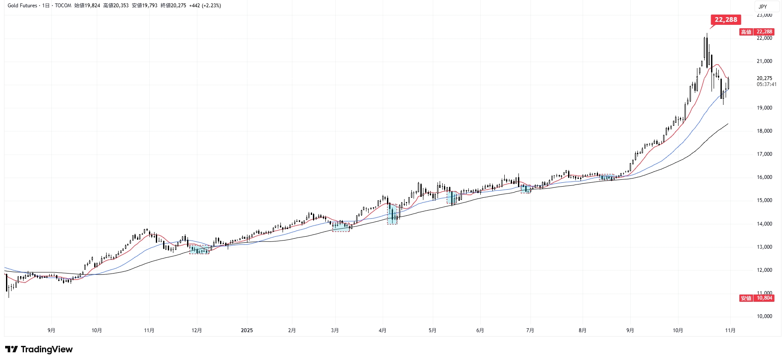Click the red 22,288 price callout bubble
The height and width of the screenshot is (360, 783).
click(x=726, y=20)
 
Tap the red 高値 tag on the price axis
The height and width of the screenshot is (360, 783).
click(x=746, y=32)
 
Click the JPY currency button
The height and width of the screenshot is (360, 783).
click(x=763, y=6)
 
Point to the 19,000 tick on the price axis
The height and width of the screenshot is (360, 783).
click(x=764, y=108)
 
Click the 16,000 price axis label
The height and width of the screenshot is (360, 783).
click(x=764, y=177)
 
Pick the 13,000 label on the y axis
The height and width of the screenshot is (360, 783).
click(x=764, y=247)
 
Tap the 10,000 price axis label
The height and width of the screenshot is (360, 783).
click(x=764, y=316)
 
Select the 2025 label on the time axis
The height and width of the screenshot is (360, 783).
click(x=247, y=330)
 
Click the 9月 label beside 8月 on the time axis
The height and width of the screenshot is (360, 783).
click(x=630, y=330)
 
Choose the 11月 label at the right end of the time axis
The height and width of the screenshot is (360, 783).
click(x=730, y=330)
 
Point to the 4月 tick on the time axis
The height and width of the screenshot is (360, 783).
click(x=382, y=330)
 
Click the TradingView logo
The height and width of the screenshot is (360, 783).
click(x=39, y=349)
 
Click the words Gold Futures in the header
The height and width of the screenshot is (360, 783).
click(x=22, y=6)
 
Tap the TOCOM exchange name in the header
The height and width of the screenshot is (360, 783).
click(x=63, y=6)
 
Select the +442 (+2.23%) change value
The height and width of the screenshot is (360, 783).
click(x=205, y=6)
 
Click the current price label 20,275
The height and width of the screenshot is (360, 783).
click(x=764, y=78)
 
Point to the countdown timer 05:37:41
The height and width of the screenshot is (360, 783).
click(x=766, y=84)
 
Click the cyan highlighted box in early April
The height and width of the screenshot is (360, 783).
click(x=392, y=214)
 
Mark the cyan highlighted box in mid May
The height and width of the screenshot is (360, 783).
click(x=452, y=197)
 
